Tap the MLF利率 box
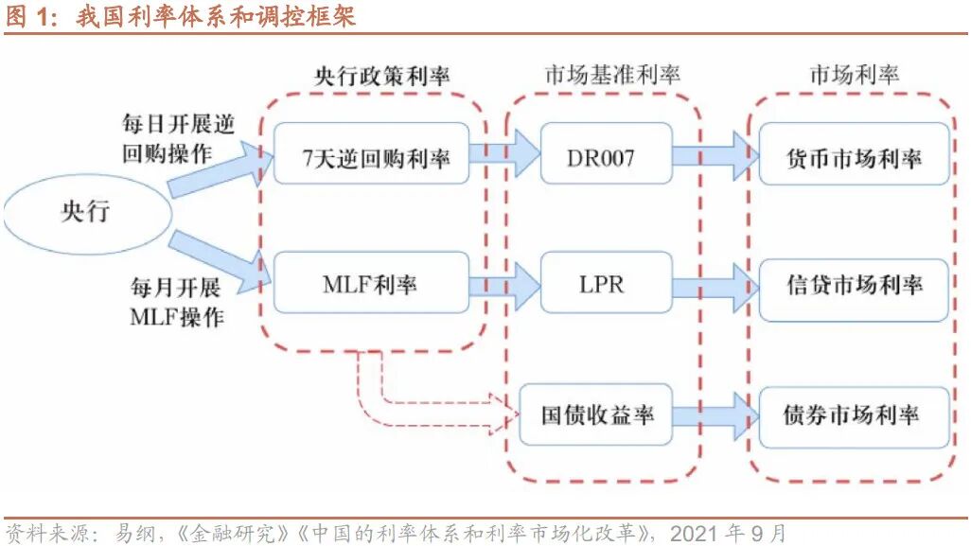[x=371, y=282]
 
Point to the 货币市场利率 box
[x=853, y=155]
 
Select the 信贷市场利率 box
[x=853, y=284]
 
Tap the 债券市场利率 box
[x=853, y=414]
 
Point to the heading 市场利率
[x=854, y=76]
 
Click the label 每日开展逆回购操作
[x=177, y=138]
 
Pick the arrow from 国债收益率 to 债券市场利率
[x=715, y=414]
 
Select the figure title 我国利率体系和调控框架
[x=217, y=16]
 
